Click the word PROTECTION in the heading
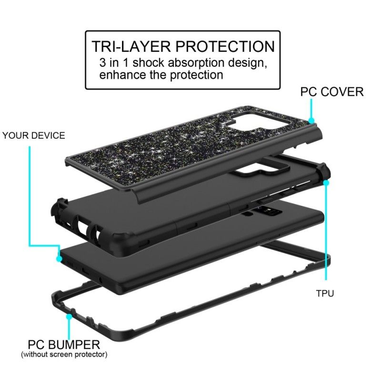click(225, 46)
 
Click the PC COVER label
click(332, 92)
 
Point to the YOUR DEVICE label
click(34, 136)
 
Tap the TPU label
click(325, 293)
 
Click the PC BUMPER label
click(64, 345)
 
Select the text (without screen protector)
click(64, 354)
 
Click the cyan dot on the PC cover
click(311, 120)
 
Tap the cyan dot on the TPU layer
click(326, 182)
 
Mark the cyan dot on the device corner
click(59, 259)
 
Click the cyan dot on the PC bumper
click(69, 317)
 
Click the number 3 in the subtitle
click(103, 63)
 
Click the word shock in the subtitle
click(148, 63)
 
